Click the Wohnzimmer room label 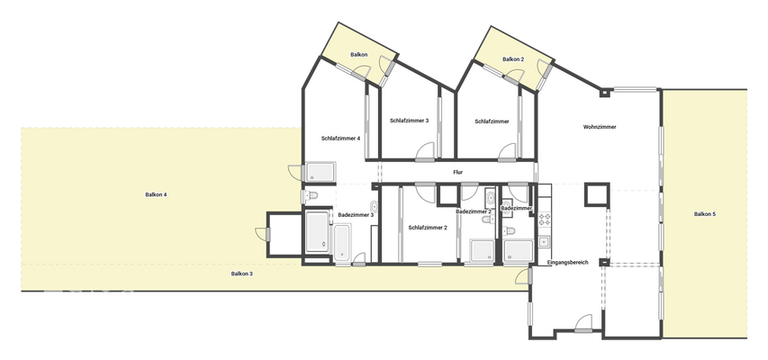pos(600,127)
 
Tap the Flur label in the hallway pos(457,171)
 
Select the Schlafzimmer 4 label pos(340,138)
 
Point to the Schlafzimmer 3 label pos(409,120)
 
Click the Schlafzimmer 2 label pos(428,228)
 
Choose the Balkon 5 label pos(704,214)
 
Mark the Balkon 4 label pos(156,194)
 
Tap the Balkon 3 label pos(241,273)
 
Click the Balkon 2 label pos(513,59)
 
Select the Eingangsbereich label pos(567,262)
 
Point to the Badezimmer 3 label pos(356,214)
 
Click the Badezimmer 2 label pos(473,211)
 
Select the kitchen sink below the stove pos(544,240)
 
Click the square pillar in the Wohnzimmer pos(595,193)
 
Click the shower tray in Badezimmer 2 pos(482,249)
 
